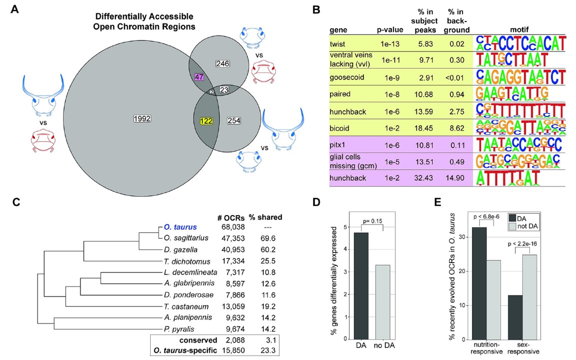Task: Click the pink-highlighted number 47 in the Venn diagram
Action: pos(200,77)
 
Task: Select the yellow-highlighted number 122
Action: pos(204,120)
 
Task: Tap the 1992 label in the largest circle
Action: pos(142,118)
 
